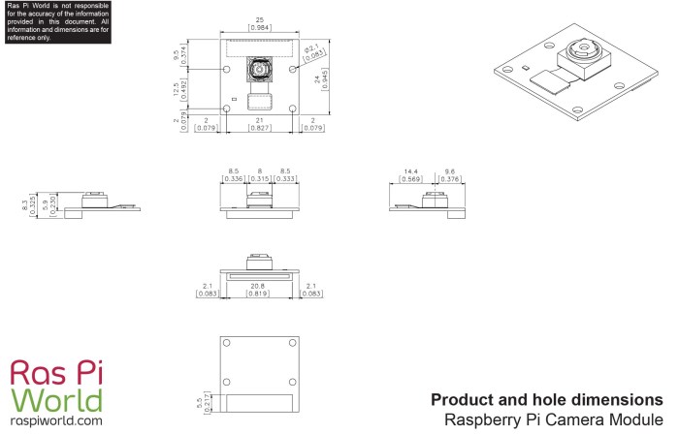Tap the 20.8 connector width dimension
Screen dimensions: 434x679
pos(257,286)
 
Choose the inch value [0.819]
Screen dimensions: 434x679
pos(257,294)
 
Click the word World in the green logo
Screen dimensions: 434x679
pos(56,400)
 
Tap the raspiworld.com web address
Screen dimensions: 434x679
pos(56,421)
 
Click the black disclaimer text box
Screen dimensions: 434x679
pos(56,20)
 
